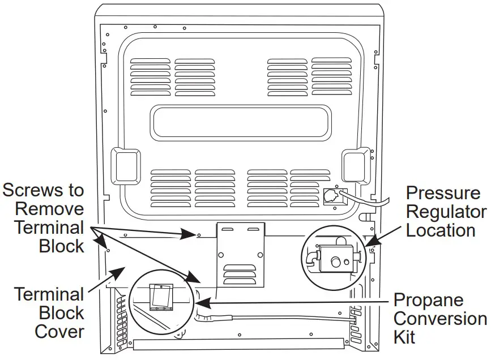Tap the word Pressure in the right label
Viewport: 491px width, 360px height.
pos(443,193)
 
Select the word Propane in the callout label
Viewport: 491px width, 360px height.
pos(428,300)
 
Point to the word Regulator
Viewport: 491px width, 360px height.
pos(446,212)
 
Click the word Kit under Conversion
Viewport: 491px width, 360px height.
pos(404,337)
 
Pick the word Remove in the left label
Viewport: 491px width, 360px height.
pos(49,208)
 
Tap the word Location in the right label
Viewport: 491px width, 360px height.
pos(441,230)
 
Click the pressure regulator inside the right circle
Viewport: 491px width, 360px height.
pos(334,260)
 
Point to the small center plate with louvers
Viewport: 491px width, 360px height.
pos(241,253)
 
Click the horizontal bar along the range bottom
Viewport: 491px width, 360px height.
pos(238,344)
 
